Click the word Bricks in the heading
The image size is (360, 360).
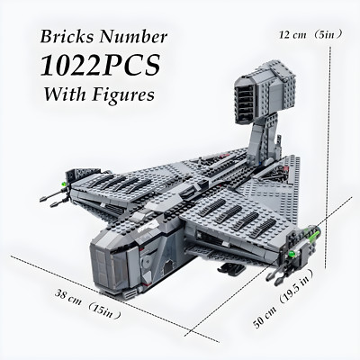pos(67,37)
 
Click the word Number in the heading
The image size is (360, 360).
pos(133,37)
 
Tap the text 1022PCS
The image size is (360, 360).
pos(100,65)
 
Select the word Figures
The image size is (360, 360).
pos(123,94)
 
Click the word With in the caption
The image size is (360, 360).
pos(66,94)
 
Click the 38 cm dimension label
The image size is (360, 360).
pos(67,297)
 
